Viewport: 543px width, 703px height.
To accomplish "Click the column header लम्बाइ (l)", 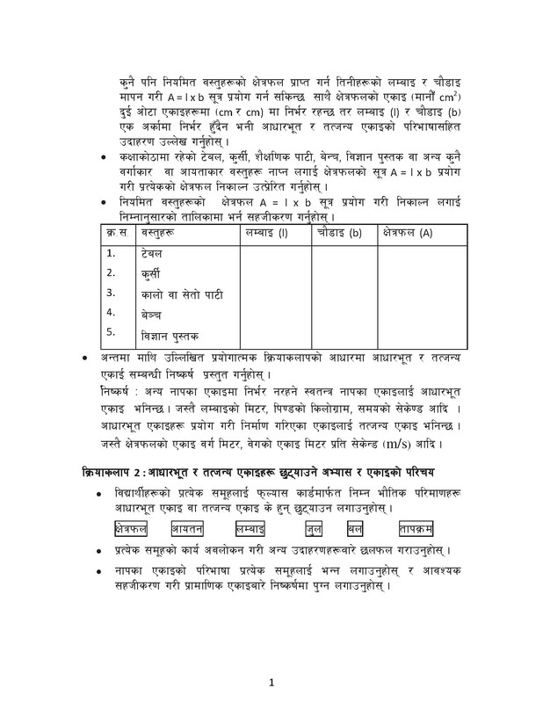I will point(264,234).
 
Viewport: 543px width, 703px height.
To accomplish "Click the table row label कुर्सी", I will point(151,273).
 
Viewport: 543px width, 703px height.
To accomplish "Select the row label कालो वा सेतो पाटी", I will point(182,294).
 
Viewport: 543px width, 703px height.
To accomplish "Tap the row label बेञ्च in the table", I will point(150,313).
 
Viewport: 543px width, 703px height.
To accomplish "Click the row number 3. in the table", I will point(111,293).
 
